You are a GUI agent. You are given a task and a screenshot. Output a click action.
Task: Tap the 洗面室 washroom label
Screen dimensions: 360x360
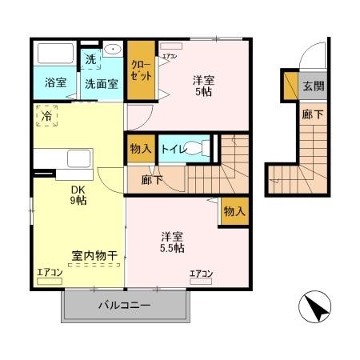(102, 82)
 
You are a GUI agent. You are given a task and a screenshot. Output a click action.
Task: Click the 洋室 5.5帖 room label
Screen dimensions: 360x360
(172, 242)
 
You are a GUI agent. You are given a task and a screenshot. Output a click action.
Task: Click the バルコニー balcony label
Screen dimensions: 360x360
(125, 306)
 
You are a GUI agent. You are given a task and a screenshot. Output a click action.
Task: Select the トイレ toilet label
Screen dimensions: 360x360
(174, 148)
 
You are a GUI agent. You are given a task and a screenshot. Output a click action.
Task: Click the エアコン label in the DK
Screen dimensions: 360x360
(50, 274)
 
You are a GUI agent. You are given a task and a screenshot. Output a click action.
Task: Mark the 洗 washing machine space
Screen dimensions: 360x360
(91, 58)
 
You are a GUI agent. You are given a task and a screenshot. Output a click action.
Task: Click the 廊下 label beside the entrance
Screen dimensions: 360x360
(313, 115)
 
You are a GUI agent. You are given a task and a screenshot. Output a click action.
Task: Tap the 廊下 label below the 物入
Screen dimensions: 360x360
(150, 180)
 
